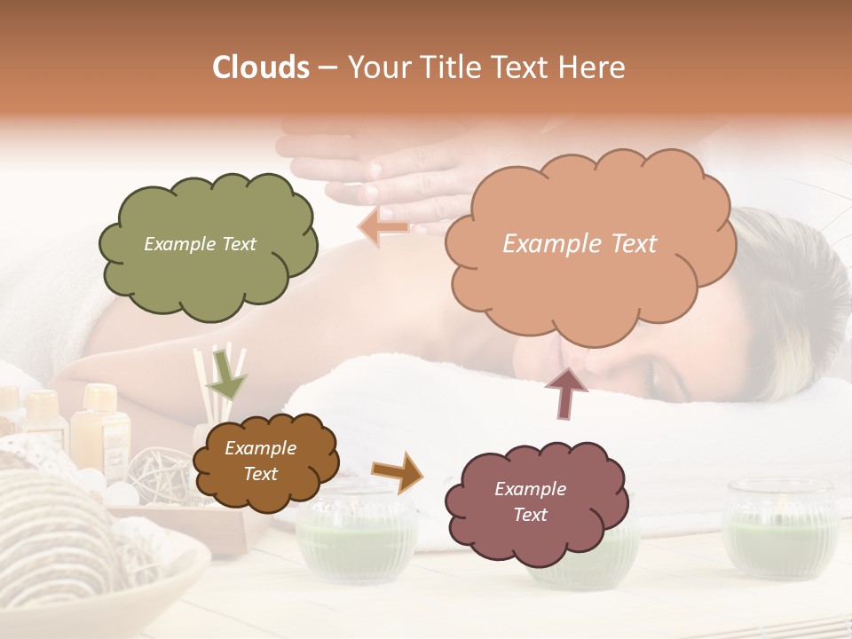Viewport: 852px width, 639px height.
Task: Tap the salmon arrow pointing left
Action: [x=383, y=226]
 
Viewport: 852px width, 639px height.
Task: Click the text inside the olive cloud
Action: [x=200, y=244]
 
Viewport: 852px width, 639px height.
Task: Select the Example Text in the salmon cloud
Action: [x=580, y=244]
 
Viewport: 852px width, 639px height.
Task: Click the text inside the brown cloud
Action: [x=260, y=461]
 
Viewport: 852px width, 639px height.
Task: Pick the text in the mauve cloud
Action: [x=530, y=501]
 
